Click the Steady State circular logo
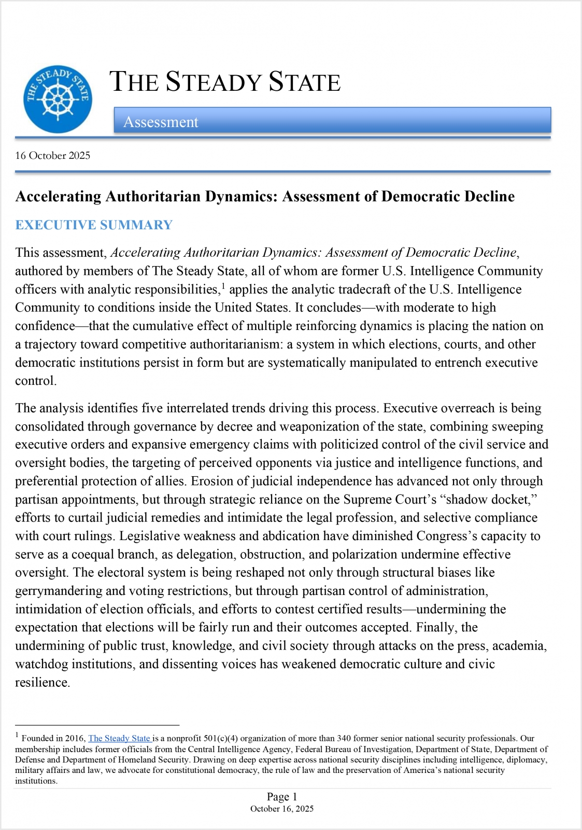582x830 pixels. point(58,99)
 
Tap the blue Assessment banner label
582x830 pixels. point(161,122)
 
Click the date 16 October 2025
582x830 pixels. point(52,156)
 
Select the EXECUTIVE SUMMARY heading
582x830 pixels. point(94,225)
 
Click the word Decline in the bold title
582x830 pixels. point(489,196)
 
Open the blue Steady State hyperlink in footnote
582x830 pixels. point(119,738)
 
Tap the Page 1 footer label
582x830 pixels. point(282,796)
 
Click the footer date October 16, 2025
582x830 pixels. point(282,809)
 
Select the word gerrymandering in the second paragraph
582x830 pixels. point(59,591)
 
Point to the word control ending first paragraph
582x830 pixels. point(34,381)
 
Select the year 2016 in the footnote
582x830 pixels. point(74,738)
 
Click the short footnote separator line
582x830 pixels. point(97,725)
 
